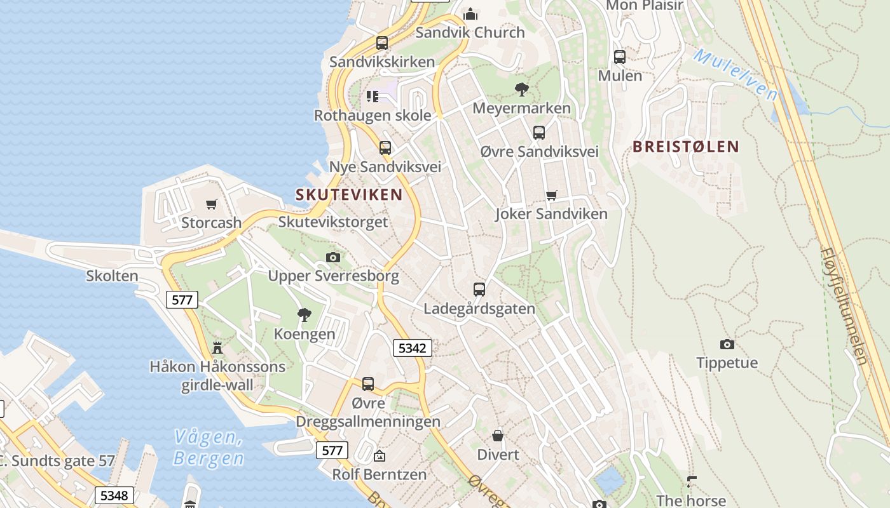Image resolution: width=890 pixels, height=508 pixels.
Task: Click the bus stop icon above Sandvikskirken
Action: click(381, 43)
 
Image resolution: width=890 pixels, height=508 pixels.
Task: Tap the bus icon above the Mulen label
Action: click(620, 57)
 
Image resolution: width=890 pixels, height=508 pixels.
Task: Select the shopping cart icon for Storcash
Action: click(212, 204)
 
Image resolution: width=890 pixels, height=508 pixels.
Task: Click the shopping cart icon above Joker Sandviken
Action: click(551, 196)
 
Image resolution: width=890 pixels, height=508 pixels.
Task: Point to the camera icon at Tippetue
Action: click(727, 344)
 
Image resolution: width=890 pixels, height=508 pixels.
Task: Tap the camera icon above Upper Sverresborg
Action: click(332, 257)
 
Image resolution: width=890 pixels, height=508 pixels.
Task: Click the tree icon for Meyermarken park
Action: click(522, 90)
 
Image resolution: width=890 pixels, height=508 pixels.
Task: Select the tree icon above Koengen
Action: click(305, 314)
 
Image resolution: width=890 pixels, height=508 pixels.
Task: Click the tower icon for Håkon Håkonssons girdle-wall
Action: click(217, 347)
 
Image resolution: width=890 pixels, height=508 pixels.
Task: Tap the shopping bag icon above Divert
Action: click(498, 436)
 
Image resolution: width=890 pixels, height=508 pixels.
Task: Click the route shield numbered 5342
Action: click(413, 348)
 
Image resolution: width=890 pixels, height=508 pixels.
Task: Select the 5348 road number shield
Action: click(114, 495)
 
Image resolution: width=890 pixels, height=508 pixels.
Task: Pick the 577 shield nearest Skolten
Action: click(182, 300)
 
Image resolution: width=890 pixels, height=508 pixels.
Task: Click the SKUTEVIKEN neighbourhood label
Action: click(349, 194)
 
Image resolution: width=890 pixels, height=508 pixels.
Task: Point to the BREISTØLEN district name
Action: click(686, 147)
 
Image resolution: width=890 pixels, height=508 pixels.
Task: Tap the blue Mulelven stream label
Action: click(736, 74)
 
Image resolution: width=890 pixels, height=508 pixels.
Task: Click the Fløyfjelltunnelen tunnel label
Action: click(845, 306)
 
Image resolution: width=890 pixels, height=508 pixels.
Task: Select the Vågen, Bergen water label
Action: click(209, 448)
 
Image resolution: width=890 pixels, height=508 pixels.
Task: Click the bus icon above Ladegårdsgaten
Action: click(479, 290)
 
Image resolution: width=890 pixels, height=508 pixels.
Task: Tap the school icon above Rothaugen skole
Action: click(373, 97)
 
